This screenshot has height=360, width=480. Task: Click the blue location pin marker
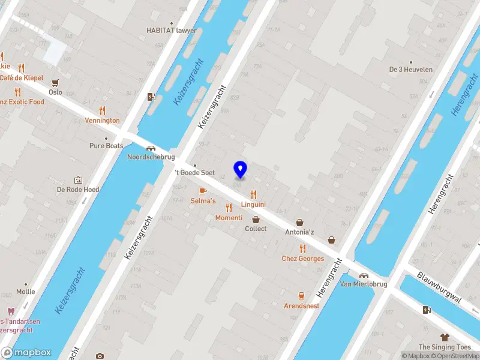[241, 170]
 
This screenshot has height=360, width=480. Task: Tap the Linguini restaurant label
[253, 205]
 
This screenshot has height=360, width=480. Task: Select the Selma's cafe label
[203, 200]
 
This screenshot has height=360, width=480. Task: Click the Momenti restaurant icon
[229, 208]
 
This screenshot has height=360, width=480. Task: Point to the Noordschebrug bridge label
[151, 157]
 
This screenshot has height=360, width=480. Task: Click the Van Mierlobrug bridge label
[364, 284]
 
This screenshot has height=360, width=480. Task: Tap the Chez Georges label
[303, 259]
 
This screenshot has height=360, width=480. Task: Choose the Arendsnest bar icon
[301, 296]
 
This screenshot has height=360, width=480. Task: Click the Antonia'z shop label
[299, 232]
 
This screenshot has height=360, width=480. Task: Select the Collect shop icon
[256, 220]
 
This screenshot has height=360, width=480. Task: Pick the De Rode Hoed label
[77, 189]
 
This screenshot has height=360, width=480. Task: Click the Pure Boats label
[106, 146]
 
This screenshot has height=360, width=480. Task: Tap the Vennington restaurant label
[102, 120]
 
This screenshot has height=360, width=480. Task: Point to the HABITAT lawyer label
[172, 30]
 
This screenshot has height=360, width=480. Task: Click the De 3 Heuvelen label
[411, 69]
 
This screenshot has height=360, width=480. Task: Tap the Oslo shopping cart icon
[56, 83]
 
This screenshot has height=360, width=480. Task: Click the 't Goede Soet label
[194, 172]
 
